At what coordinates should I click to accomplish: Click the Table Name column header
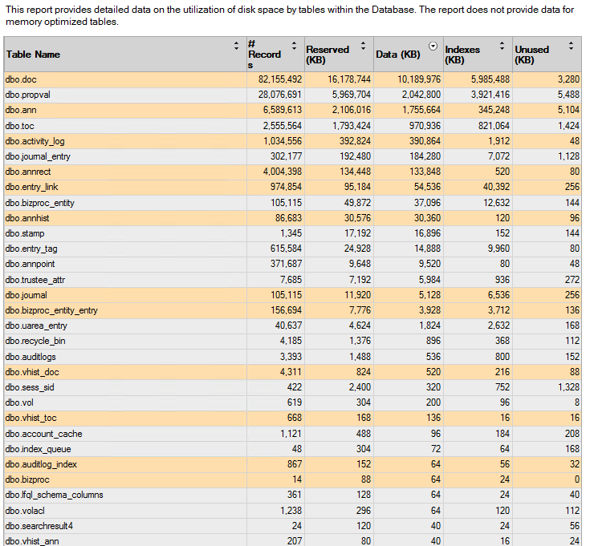pyautogui.click(x=33, y=55)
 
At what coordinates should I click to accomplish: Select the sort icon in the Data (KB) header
pyautogui.click(x=433, y=47)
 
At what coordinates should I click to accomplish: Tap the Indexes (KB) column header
pyautogui.click(x=462, y=55)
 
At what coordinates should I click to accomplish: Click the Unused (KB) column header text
pyautogui.click(x=531, y=55)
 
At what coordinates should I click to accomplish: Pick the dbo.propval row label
pyautogui.click(x=28, y=95)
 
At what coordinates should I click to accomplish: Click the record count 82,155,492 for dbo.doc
pyautogui.click(x=280, y=79)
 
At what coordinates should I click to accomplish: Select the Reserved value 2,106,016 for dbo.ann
pyautogui.click(x=351, y=110)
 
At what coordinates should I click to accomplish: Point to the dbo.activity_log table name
pyautogui.click(x=35, y=141)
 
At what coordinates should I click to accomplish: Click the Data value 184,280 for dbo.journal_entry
pyautogui.click(x=425, y=156)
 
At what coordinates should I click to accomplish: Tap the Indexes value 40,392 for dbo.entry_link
pyautogui.click(x=496, y=187)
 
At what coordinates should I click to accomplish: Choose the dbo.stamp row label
pyautogui.click(x=25, y=233)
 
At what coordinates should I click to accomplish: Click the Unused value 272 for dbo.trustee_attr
pyautogui.click(x=572, y=280)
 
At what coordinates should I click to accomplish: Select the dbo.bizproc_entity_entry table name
pyautogui.click(x=51, y=310)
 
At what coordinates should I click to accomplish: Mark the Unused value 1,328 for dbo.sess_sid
pyautogui.click(x=568, y=387)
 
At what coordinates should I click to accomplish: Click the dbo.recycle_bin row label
pyautogui.click(x=35, y=341)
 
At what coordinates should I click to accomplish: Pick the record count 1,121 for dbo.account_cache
pyautogui.click(x=291, y=434)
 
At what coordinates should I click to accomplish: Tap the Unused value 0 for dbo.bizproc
pyautogui.click(x=577, y=479)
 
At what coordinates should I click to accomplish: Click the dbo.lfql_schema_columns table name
pyautogui.click(x=55, y=495)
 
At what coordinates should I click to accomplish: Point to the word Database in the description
pyautogui.click(x=393, y=10)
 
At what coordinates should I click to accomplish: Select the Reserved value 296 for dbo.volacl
pyautogui.click(x=364, y=511)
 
